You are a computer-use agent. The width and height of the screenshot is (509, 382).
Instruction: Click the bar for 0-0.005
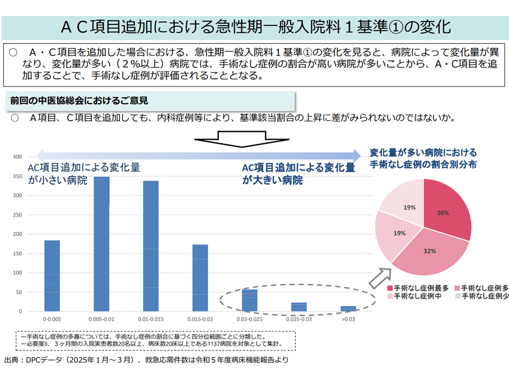(x=51, y=276)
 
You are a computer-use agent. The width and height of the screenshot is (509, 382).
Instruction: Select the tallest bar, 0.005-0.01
(x=102, y=244)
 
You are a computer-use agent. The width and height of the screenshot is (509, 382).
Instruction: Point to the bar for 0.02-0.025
(x=250, y=300)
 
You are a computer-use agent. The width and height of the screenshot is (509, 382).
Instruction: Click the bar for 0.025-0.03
(x=299, y=307)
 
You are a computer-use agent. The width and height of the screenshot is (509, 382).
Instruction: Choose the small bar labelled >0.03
(x=348, y=308)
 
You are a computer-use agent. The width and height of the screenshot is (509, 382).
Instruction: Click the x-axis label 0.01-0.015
(x=151, y=319)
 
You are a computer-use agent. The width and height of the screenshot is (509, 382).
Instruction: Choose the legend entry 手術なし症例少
(x=484, y=296)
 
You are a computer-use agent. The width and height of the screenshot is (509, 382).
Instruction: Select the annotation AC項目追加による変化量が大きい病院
(x=299, y=173)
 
